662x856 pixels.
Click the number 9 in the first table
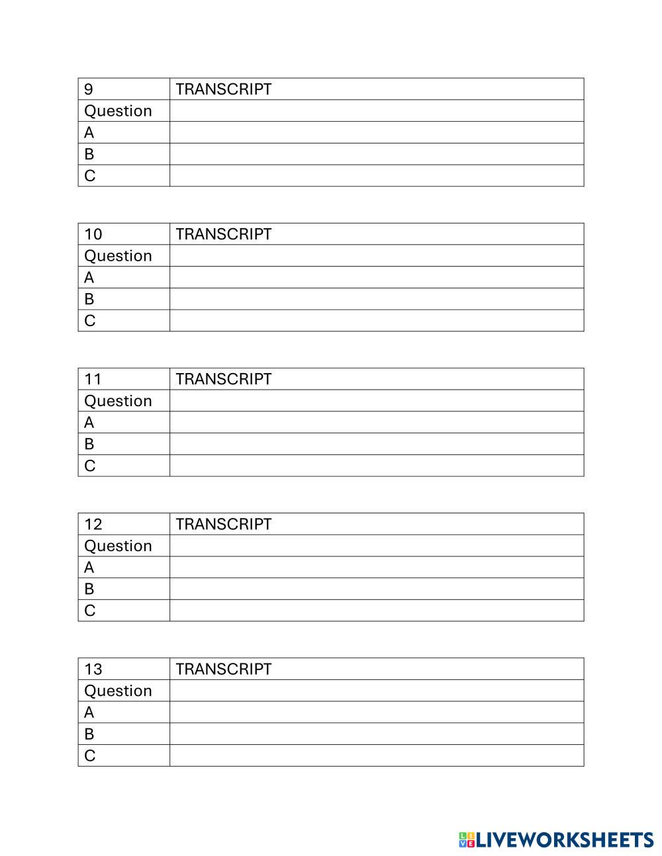click(x=89, y=89)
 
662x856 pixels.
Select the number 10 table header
click(x=93, y=234)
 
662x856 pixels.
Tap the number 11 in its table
click(x=93, y=379)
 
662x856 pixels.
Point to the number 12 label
click(x=93, y=524)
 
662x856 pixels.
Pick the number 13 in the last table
click(x=93, y=669)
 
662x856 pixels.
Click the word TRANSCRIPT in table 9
click(x=224, y=89)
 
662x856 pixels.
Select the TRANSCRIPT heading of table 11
click(x=224, y=379)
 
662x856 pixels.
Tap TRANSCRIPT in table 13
click(x=224, y=669)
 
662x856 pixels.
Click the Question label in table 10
click(x=118, y=256)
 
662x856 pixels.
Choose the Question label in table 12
click(x=118, y=546)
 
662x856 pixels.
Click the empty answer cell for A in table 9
click(x=376, y=132)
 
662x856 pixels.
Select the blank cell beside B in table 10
click(x=376, y=299)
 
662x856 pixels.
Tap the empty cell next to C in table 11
click(x=376, y=466)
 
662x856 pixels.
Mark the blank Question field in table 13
click(x=376, y=691)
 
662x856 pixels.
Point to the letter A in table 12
click(x=89, y=568)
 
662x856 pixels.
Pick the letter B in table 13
click(x=89, y=734)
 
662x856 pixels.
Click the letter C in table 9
click(x=89, y=176)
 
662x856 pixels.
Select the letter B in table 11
click(x=89, y=444)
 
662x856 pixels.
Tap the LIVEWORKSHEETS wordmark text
click(x=565, y=840)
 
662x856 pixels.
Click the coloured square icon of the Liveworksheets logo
click(x=467, y=840)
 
